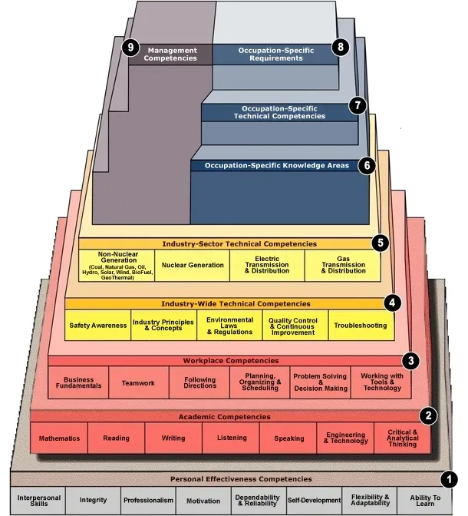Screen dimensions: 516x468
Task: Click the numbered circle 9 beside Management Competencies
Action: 130,48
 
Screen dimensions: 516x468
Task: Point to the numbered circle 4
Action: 392,302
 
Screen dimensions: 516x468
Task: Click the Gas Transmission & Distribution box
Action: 342,265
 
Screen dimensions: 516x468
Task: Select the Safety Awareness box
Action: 97,326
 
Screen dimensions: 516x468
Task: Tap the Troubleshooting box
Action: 360,326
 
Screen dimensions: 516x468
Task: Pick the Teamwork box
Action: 138,382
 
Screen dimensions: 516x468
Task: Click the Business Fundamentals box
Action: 78,382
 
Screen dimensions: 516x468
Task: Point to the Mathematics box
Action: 59,438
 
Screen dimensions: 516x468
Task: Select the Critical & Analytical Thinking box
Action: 403,438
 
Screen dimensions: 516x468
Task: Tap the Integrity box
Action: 93,499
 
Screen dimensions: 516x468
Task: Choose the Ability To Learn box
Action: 425,499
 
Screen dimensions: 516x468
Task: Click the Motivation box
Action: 203,499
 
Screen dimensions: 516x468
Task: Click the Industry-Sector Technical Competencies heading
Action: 228,243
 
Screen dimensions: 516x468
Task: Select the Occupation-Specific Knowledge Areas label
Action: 276,165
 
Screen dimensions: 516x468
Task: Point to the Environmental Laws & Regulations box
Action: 229,326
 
